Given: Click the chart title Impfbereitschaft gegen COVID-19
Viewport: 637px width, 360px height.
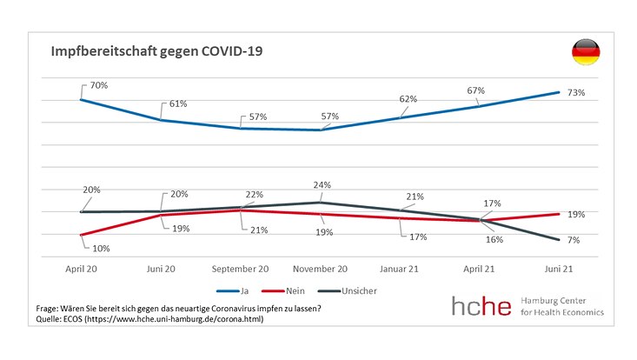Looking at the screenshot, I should [156, 52].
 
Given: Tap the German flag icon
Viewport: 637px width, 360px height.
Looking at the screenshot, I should [584, 53].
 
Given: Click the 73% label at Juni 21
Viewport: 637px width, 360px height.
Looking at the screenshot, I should [576, 92].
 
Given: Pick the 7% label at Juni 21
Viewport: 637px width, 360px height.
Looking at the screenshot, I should [574, 239].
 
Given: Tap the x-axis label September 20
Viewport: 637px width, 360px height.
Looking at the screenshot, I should [241, 269].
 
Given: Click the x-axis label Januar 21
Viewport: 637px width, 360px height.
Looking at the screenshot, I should [401, 269].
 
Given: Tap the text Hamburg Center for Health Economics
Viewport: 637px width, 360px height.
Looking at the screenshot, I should [564, 306].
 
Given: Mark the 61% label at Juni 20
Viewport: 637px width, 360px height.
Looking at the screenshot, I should [178, 103].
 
